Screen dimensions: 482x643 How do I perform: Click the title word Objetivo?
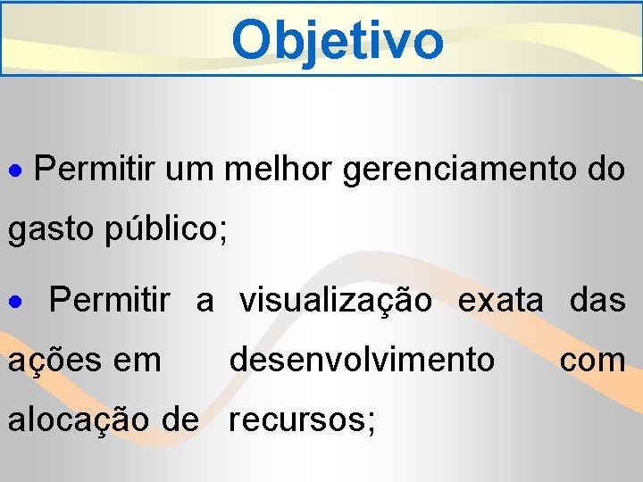(337, 39)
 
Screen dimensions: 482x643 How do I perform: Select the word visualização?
(335, 301)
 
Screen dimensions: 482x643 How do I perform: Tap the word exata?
(499, 301)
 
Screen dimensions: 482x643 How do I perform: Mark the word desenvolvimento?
(362, 360)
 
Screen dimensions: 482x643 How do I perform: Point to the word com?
(592, 361)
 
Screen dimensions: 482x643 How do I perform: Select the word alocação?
(75, 419)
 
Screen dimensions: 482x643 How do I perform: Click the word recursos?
(301, 419)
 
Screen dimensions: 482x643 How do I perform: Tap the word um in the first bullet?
(189, 168)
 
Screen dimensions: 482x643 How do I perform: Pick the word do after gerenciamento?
(607, 168)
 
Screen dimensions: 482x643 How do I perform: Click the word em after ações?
(138, 361)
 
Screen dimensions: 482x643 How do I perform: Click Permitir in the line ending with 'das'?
(109, 301)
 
